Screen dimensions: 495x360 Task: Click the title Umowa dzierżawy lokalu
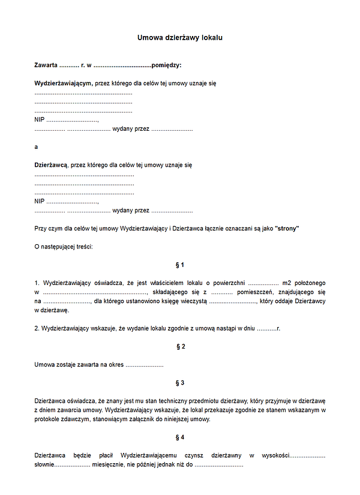click(x=180, y=38)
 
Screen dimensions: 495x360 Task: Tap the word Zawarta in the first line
click(x=46, y=65)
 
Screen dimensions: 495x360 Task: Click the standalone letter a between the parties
click(x=36, y=146)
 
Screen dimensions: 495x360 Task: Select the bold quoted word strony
click(x=286, y=229)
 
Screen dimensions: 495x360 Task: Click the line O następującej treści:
click(x=64, y=247)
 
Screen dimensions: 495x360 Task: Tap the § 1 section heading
click(x=180, y=265)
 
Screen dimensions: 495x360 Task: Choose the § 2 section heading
click(x=180, y=347)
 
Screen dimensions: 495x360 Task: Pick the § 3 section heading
click(x=180, y=383)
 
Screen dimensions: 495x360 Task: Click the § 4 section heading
click(x=180, y=437)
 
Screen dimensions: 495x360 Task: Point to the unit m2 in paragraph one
click(x=287, y=283)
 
